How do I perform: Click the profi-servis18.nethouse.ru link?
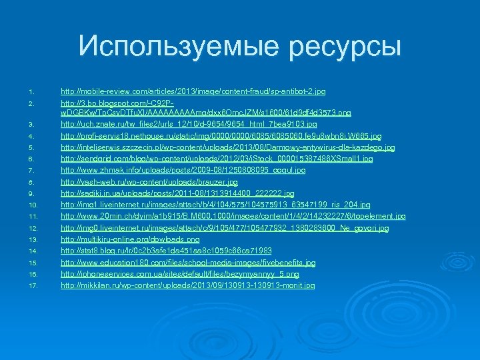pyautogui.click(x=221, y=135)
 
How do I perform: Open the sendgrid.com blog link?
pyautogui.click(x=217, y=159)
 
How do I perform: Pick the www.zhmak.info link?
pyautogui.click(x=183, y=170)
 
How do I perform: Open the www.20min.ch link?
pyautogui.click(x=233, y=216)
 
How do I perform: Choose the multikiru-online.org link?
pyautogui.click(x=130, y=239)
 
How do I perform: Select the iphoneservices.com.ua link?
pyautogui.click(x=180, y=274)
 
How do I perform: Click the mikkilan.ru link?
pyautogui.click(x=187, y=285)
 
